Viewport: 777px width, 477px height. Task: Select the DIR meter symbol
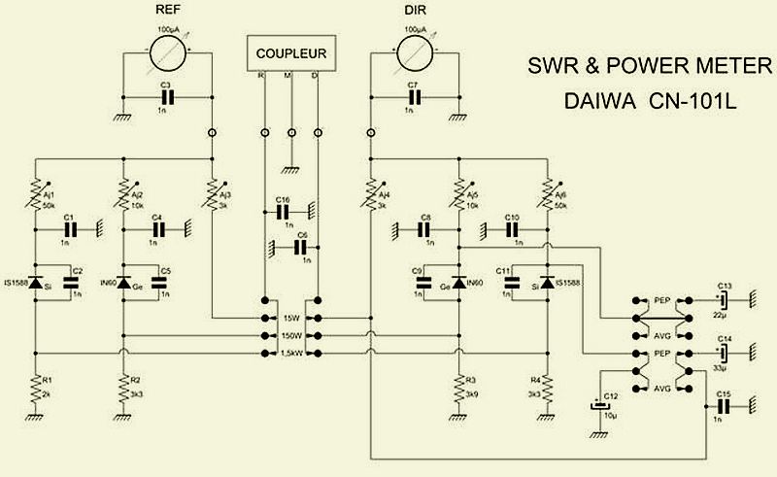tap(417, 48)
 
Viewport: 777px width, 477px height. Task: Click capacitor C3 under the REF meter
tap(167, 97)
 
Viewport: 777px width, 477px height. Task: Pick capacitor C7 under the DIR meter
tap(417, 97)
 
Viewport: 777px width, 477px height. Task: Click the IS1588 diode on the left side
tap(36, 283)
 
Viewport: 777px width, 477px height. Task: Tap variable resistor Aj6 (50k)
tap(546, 186)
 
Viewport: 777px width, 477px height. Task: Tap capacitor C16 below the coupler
tap(284, 210)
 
